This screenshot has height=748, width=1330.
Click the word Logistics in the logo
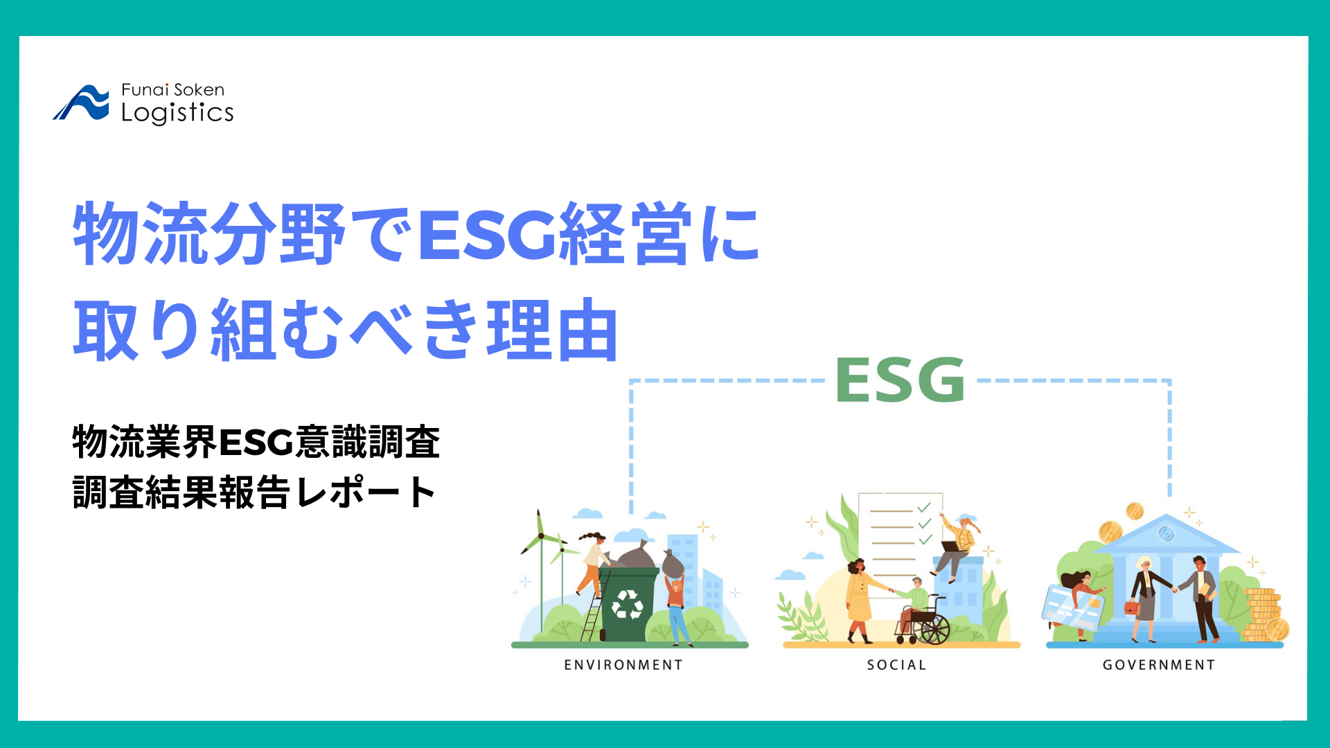tap(177, 113)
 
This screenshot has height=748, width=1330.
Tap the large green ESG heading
tap(900, 380)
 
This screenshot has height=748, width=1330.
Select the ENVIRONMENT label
tap(623, 665)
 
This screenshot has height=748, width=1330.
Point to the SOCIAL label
tap(896, 665)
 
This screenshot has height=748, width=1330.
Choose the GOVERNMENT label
tap(1159, 665)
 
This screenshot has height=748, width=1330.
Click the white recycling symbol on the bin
tap(628, 604)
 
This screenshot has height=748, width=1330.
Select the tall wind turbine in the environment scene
tap(540, 547)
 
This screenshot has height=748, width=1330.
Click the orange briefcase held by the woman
tap(1132, 607)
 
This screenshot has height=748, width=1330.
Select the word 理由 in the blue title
tap(552, 330)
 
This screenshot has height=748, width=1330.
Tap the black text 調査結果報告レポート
tap(254, 492)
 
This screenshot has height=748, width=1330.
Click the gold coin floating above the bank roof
tap(1135, 511)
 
